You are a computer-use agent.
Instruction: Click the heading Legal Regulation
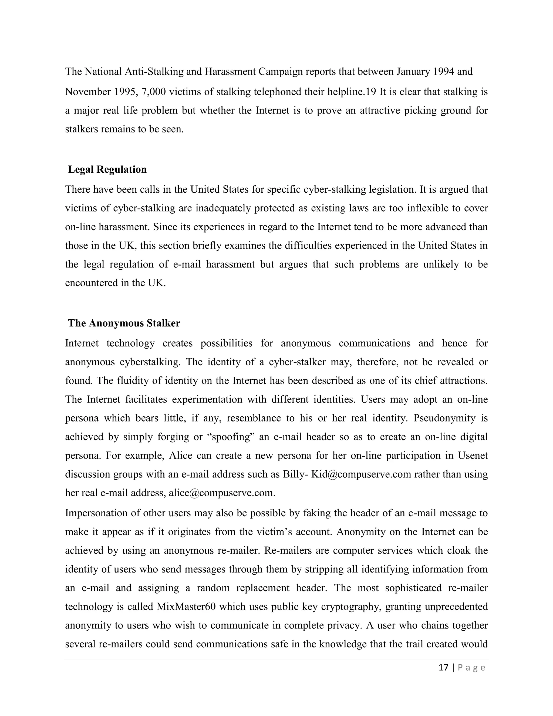point(107,169)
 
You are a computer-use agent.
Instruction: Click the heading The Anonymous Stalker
point(124,323)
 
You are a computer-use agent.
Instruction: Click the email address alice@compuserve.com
point(221,493)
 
